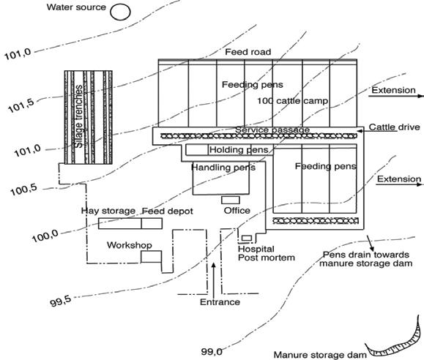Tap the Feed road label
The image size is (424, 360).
coord(248,52)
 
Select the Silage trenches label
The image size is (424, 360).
coord(78,116)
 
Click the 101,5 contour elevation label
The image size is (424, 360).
coord(21,105)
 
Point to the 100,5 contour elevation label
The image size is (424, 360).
coord(23,190)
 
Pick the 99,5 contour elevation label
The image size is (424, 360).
coord(61,301)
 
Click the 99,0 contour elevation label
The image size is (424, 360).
coord(212,351)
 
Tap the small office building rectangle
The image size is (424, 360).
coord(231,200)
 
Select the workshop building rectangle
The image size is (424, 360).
coord(151,257)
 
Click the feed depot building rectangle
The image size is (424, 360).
coord(152,223)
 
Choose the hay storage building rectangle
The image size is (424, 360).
coord(120,223)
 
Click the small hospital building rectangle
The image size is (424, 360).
coord(247,238)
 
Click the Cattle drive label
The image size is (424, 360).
coord(394,127)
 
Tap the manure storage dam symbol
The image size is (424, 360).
coord(394,337)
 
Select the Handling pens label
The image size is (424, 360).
coord(223,168)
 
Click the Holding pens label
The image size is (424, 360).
coord(239,150)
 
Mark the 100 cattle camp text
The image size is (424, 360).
coord(292,101)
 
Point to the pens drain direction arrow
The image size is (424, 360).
coord(371,243)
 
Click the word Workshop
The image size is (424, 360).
coord(130,245)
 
